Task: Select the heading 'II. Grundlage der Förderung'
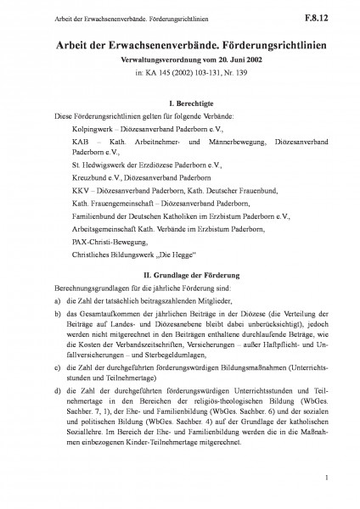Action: [179, 277]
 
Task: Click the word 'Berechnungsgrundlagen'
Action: [70, 289]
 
